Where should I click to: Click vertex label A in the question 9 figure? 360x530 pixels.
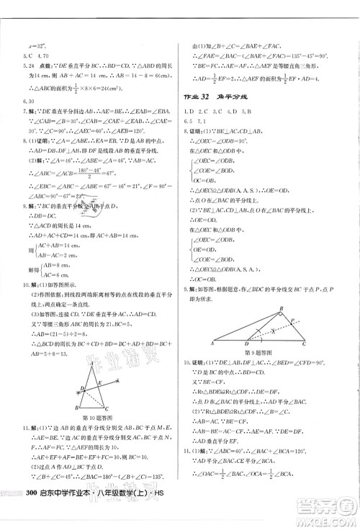point(210,344)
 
